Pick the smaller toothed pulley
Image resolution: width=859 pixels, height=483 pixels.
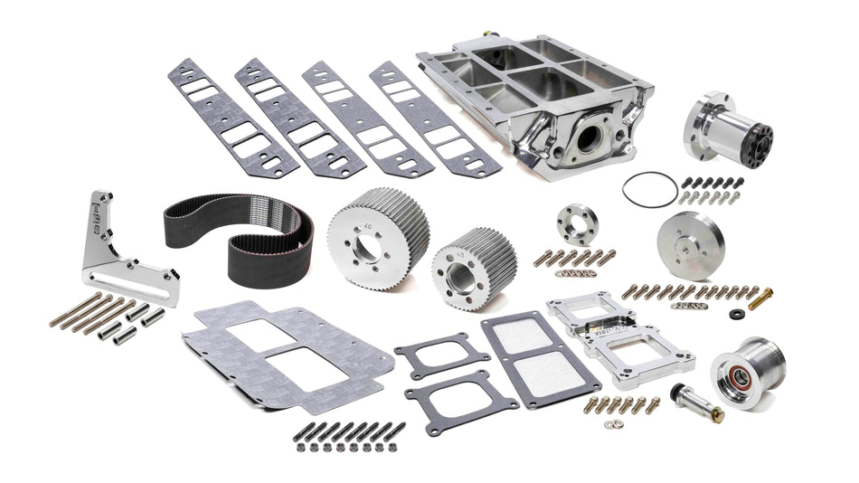click(461, 265)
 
